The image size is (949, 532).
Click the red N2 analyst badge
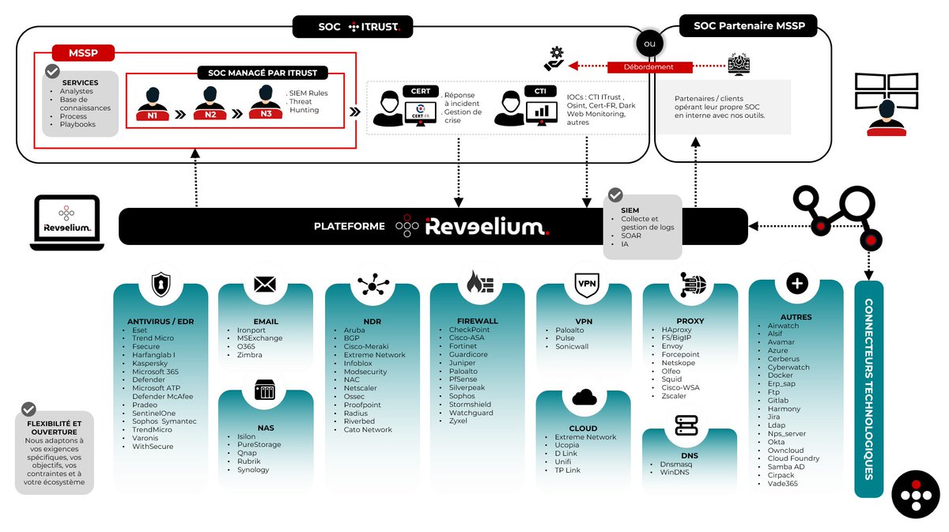coord(210,115)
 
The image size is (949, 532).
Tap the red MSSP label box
coord(83,54)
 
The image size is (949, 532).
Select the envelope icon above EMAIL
coord(265,284)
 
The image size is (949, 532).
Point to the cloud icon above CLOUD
coord(584,397)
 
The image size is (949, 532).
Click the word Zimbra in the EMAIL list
coord(250,355)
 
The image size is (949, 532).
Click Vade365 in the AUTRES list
coord(783,483)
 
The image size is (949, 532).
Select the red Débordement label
coord(648,67)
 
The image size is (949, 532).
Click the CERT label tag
coord(420,91)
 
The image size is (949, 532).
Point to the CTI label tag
coord(540,91)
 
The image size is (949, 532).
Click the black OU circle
coord(649,44)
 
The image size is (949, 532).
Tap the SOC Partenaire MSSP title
coord(748,26)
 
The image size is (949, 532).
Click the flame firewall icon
coord(478,282)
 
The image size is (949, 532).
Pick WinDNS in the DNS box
coord(675,472)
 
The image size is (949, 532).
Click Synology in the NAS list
coord(253,470)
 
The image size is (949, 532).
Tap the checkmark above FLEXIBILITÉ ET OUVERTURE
coord(29,409)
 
